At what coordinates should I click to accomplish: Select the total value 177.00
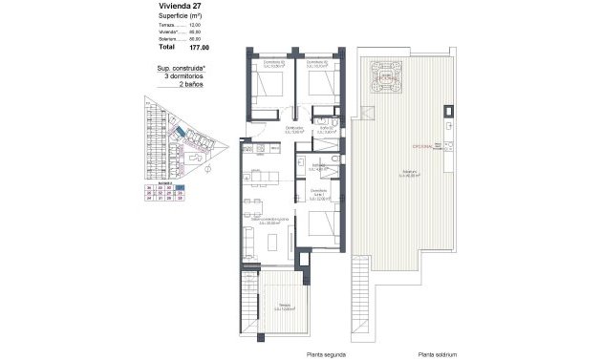click(x=199, y=46)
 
